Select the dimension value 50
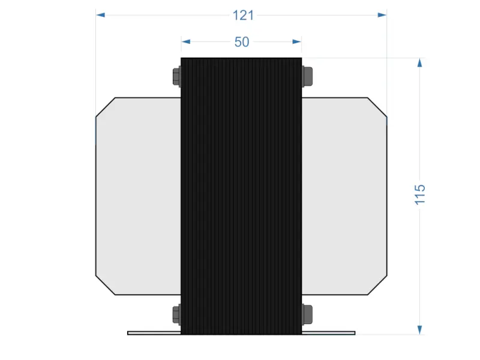coord(242,42)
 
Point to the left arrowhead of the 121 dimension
coord(101,15)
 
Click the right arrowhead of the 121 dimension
coord(382,15)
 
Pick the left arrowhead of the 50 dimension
coord(186,41)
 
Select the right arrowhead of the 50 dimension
coord(296,41)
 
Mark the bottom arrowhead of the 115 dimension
coord(420,329)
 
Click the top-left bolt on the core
coord(176,76)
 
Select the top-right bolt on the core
coord(307,76)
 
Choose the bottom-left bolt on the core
coord(176,313)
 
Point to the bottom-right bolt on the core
coord(307,313)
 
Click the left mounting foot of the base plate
coord(154,332)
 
